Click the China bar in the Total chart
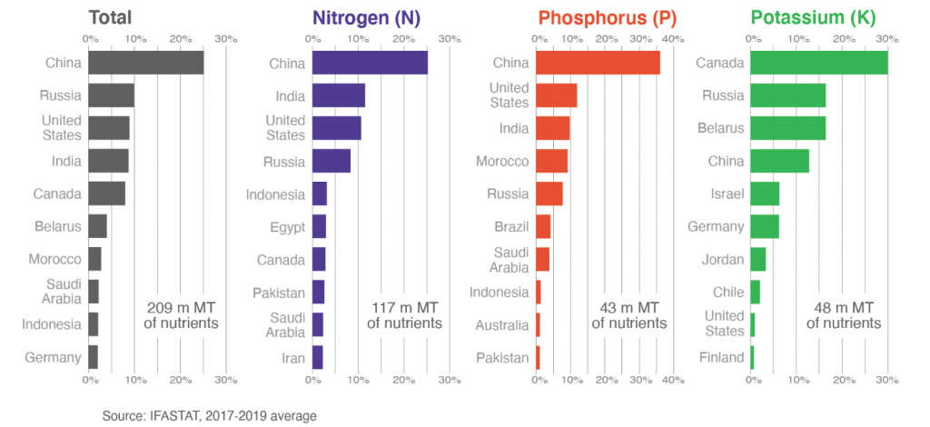tap(145, 63)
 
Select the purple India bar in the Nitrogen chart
tap(338, 95)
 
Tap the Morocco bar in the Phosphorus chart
tap(551, 161)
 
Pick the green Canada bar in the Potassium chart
tap(818, 63)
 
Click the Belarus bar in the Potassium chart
tap(787, 128)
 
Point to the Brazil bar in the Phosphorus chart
tap(543, 226)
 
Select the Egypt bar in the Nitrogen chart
tap(319, 226)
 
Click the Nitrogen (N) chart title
tap(372, 16)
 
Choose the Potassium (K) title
tap(815, 16)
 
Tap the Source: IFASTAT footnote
tap(209, 414)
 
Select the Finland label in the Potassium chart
tap(723, 357)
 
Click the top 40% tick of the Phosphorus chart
tap(672, 38)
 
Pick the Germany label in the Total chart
tap(54, 357)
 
